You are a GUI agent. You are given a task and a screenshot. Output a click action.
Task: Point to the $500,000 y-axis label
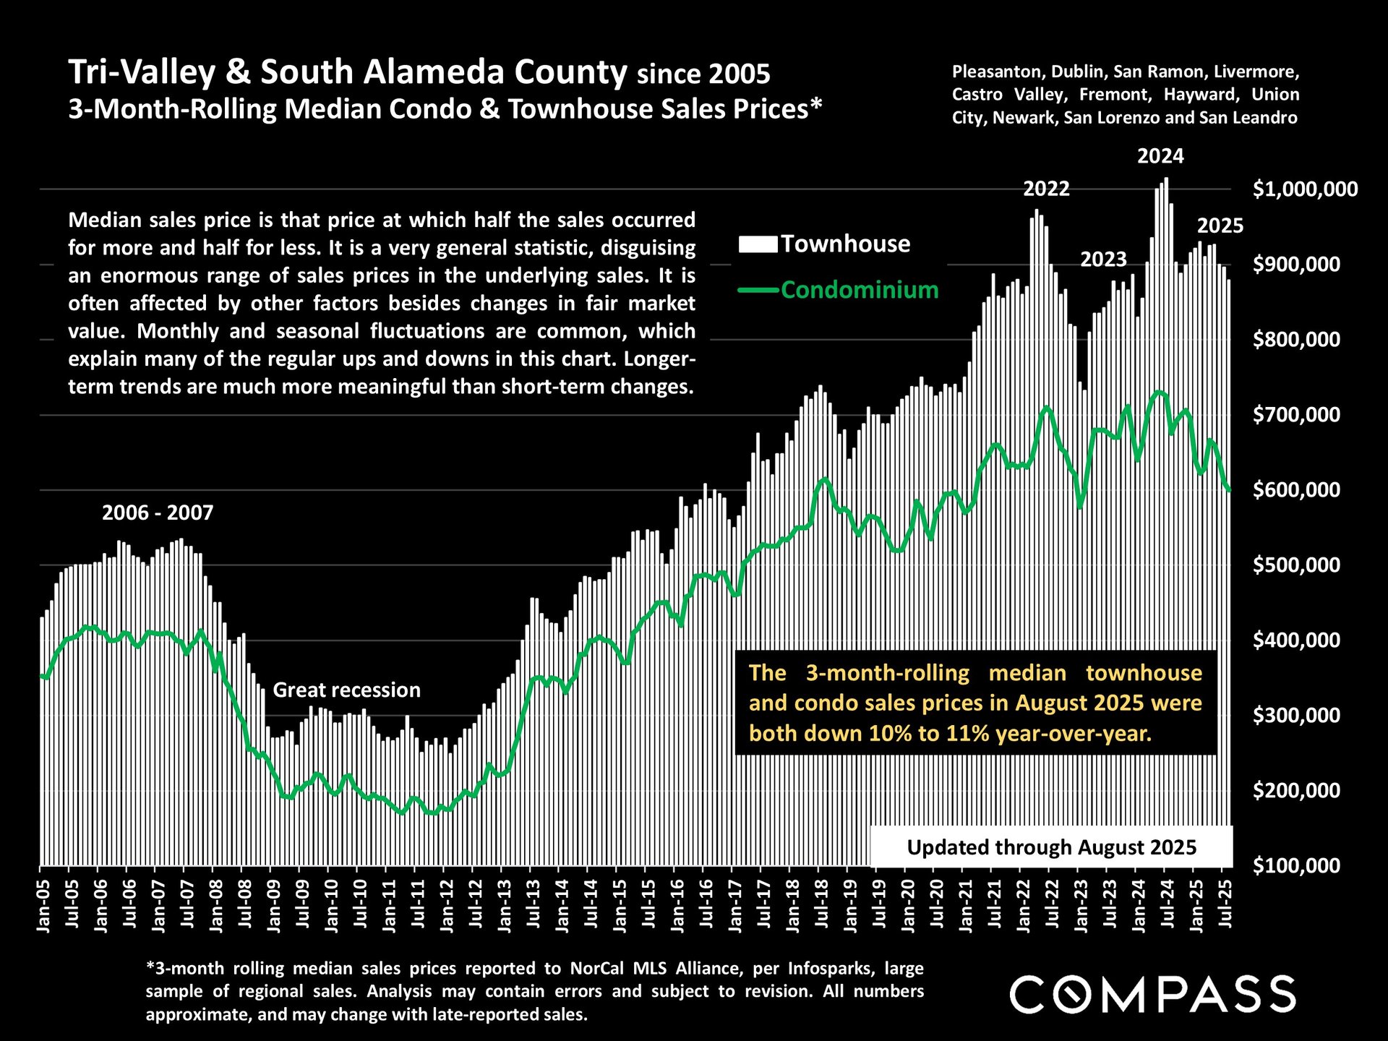tap(1296, 565)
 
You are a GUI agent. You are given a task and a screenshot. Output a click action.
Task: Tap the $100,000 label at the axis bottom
tap(1296, 865)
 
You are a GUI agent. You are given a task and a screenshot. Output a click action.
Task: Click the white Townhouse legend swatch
tap(758, 244)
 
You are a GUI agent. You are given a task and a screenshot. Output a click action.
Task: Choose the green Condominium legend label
tap(859, 290)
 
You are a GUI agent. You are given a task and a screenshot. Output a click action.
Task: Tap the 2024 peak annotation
tap(1160, 156)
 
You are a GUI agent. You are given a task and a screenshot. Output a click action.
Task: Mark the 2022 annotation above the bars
tap(1046, 189)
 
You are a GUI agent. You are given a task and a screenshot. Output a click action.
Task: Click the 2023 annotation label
tap(1103, 259)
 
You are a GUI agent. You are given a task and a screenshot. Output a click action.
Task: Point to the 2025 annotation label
tap(1220, 226)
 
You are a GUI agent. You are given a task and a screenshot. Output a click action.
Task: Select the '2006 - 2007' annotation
tap(158, 513)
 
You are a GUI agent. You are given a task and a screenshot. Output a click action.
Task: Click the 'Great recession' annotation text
tap(346, 690)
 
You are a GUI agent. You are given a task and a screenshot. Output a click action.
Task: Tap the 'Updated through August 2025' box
tap(1051, 847)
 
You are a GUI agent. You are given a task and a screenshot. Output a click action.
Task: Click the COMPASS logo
tap(1152, 994)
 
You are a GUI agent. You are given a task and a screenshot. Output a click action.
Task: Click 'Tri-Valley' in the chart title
tap(142, 72)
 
